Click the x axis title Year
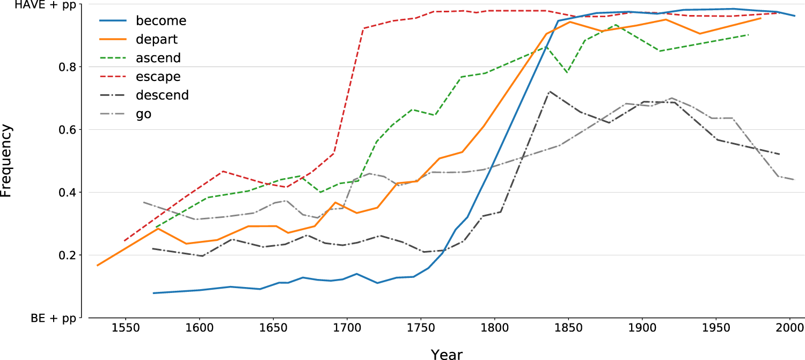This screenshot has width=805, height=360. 446,352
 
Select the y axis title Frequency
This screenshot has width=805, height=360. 6,161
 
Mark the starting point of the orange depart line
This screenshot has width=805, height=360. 97,265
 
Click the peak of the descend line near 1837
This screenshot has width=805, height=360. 549,91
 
